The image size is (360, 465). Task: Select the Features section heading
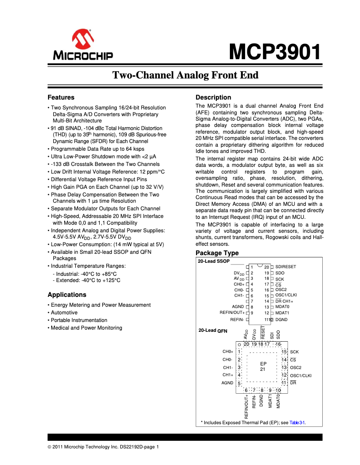[61, 97]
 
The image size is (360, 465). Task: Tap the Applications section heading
[67, 295]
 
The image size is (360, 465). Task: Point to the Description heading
[213, 97]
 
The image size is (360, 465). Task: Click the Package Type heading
[217, 253]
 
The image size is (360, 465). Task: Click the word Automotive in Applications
[64, 313]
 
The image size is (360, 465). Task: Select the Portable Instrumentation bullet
[79, 320]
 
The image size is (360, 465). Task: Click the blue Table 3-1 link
[297, 422]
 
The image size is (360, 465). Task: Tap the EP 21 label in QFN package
[263, 366]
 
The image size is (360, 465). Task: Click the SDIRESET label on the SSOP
[285, 267]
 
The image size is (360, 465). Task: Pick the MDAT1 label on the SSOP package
[282, 313]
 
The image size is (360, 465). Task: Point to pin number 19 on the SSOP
[267, 273]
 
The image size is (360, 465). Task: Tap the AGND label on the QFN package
[227, 383]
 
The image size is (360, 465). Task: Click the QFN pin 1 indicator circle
[240, 344]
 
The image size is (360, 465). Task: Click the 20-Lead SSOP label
[214, 261]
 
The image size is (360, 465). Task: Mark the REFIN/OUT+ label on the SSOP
[232, 313]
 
